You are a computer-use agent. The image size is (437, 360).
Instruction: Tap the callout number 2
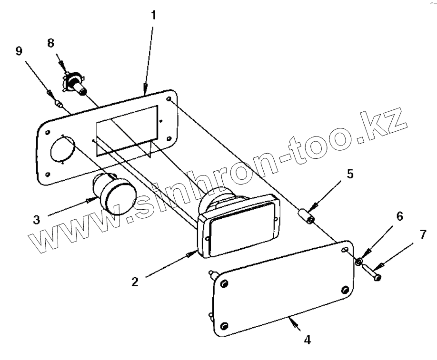click(135, 281)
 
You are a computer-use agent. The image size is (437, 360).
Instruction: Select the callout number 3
click(36, 220)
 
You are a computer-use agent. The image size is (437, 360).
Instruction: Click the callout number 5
click(350, 174)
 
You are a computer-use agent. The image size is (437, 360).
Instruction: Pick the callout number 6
click(399, 217)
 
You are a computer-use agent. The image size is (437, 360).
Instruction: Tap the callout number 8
click(50, 43)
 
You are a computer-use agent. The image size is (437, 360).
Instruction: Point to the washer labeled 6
click(359, 260)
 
